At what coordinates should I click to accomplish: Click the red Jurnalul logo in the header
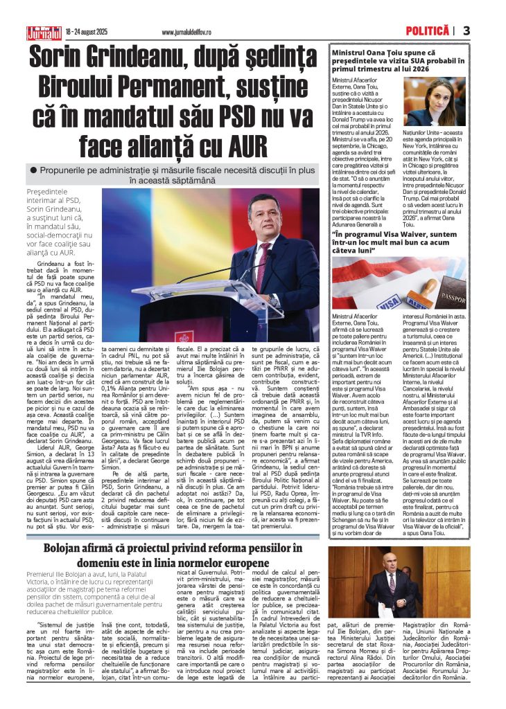click(x=43, y=32)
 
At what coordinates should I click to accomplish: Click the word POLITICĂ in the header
click(x=428, y=31)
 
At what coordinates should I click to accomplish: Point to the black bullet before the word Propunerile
click(x=33, y=170)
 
